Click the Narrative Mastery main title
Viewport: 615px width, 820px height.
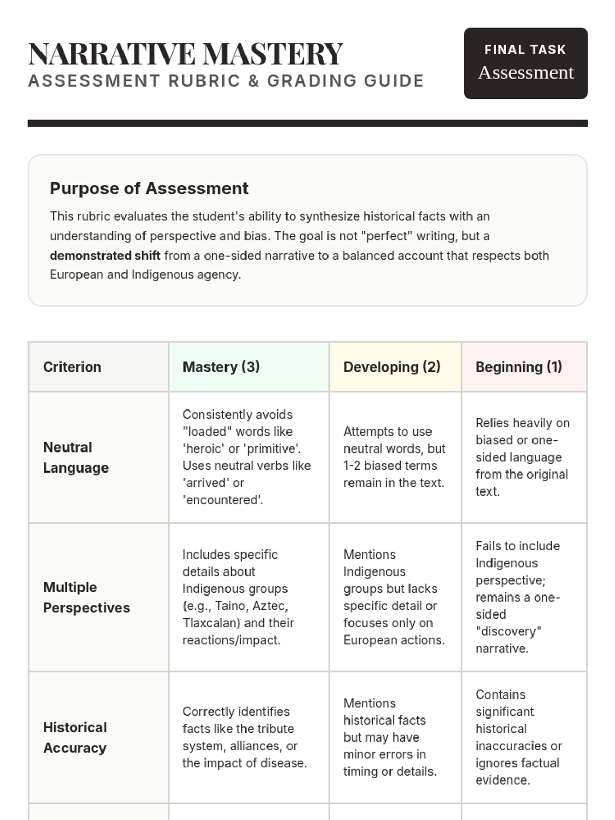tap(186, 53)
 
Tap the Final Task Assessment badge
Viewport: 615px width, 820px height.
tap(525, 63)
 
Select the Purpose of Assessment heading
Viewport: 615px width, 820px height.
tap(149, 188)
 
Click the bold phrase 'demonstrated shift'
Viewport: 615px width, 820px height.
tap(105, 255)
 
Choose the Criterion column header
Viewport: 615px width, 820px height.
tap(72, 367)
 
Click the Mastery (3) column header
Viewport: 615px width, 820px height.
tap(221, 367)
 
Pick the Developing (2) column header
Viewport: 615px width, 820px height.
tap(392, 367)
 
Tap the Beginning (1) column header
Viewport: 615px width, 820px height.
tap(519, 367)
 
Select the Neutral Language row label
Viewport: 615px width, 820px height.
tap(76, 457)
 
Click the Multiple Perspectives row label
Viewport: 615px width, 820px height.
tap(86, 597)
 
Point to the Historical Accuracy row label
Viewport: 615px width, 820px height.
tap(75, 737)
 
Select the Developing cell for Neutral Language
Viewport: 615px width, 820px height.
tap(394, 457)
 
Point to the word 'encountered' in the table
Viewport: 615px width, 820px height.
tap(223, 500)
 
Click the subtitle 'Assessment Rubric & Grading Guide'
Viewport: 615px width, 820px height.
tap(226, 81)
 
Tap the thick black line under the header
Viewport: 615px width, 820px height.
tap(307, 123)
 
